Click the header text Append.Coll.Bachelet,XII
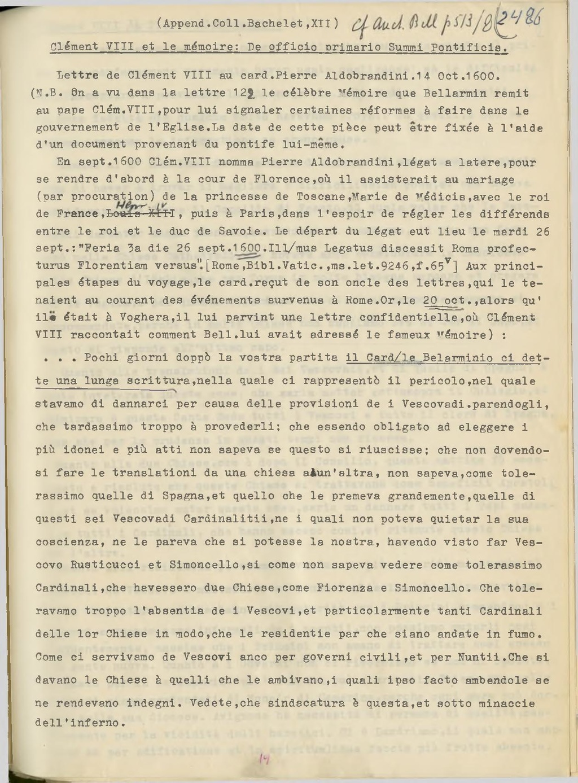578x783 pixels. [248, 24]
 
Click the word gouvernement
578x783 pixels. [77, 128]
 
